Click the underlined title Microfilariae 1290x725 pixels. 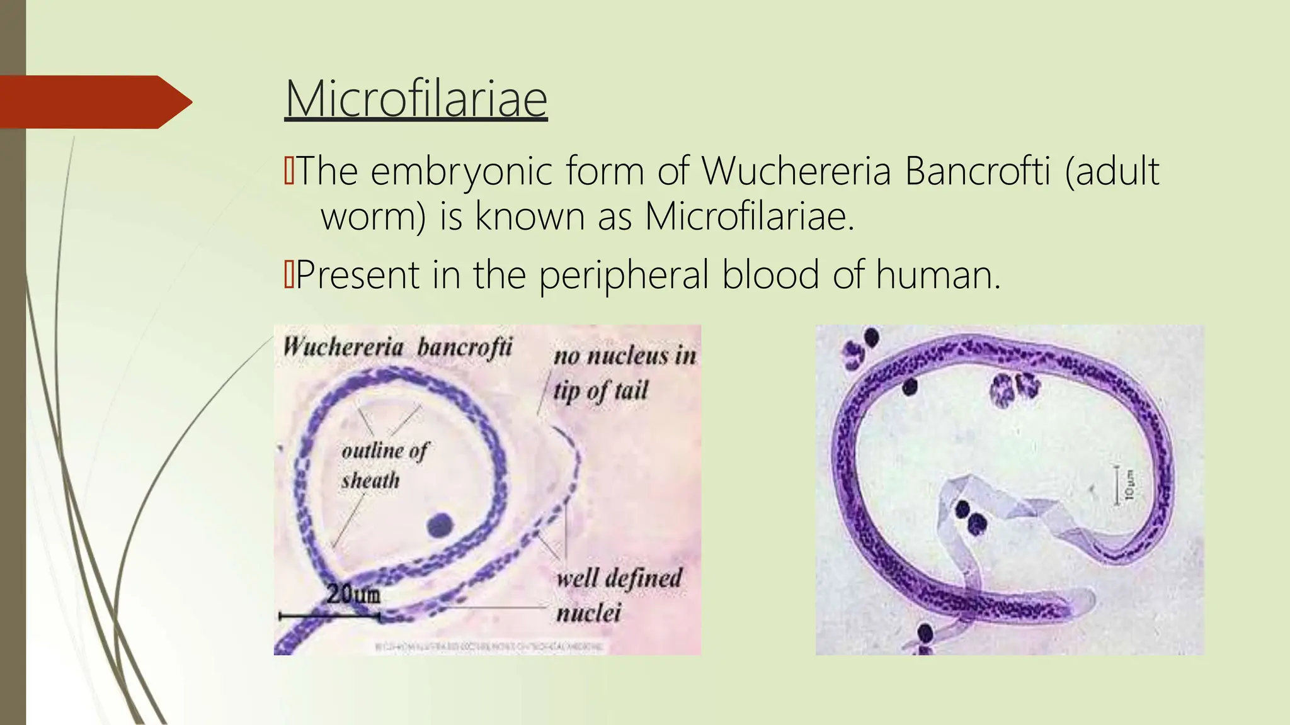pyautogui.click(x=416, y=99)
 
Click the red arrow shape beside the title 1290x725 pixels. pyautogui.click(x=94, y=102)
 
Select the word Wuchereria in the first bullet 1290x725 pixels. pyautogui.click(x=796, y=171)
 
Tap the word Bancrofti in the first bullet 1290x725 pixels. pyautogui.click(x=978, y=171)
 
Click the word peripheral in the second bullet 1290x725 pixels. pyautogui.click(x=624, y=276)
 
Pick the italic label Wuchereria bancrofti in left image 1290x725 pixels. pyautogui.click(x=397, y=347)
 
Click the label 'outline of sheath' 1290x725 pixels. pyautogui.click(x=383, y=466)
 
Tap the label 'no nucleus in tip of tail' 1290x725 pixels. pyautogui.click(x=624, y=373)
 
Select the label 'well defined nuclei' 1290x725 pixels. pyautogui.click(x=617, y=594)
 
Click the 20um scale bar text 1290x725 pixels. pyautogui.click(x=353, y=594)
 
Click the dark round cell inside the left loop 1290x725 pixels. pyautogui.click(x=440, y=524)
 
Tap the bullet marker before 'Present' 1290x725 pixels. pyautogui.click(x=289, y=275)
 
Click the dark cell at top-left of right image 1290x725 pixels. pyautogui.click(x=871, y=338)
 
